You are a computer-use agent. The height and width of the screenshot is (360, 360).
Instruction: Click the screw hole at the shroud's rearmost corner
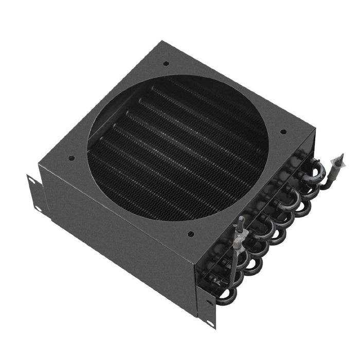click(x=166, y=64)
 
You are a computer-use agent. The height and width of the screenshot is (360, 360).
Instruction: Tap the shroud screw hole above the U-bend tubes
click(x=282, y=132)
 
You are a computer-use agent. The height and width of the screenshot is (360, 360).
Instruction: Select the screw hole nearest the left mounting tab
click(x=71, y=158)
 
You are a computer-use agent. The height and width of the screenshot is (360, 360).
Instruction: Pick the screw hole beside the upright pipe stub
click(x=191, y=234)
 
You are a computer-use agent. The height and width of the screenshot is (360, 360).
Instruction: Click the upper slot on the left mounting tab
click(x=32, y=181)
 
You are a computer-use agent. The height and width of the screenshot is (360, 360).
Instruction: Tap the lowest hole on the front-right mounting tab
click(x=210, y=322)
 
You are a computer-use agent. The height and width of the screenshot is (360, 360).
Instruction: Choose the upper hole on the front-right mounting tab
click(x=208, y=302)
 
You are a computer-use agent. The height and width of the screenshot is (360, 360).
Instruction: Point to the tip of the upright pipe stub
click(x=241, y=221)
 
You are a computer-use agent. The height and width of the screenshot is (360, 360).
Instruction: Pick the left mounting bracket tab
click(x=35, y=193)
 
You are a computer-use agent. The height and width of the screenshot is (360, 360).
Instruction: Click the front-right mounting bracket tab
click(x=209, y=309)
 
